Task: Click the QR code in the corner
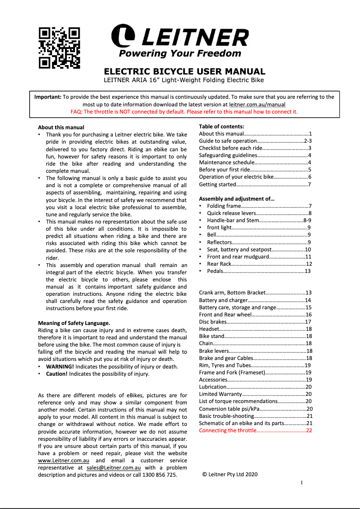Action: [59, 48]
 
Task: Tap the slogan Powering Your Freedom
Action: [180, 53]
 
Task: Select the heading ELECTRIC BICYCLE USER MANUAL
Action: [184, 71]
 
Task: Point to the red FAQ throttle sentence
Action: [184, 112]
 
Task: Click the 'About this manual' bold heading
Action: [61, 127]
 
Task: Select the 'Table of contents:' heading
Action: [221, 127]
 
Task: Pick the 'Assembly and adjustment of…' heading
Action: [237, 199]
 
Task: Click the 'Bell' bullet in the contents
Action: [211, 235]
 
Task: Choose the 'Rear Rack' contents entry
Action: [219, 264]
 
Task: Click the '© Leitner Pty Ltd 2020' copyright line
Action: [230, 474]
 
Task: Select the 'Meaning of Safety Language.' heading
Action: [74, 323]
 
